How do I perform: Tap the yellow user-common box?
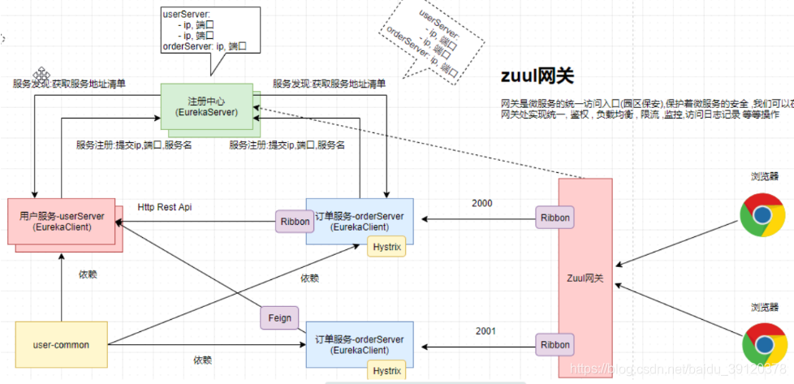61,345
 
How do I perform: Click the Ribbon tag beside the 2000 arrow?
556,218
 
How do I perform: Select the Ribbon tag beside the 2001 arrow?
556,344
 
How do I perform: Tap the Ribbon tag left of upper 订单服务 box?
295,221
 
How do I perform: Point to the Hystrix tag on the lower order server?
386,371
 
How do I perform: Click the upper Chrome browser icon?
762,214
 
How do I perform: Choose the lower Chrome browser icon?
763,343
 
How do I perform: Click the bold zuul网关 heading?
537,76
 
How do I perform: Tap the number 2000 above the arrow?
482,203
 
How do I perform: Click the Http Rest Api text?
165,207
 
